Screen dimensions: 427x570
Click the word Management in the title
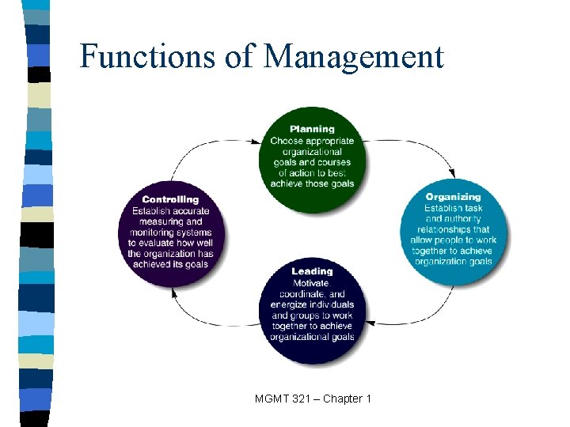tap(354, 57)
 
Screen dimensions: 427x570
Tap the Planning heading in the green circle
tap(312, 129)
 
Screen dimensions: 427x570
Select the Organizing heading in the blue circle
tap(453, 197)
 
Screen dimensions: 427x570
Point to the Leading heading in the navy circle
tap(312, 271)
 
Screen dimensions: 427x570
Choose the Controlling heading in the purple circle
tap(170, 199)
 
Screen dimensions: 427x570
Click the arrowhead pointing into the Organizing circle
tap(451, 173)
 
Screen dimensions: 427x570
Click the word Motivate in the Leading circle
tap(310, 283)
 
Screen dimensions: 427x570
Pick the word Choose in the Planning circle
tap(286, 141)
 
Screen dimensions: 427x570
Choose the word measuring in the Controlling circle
tap(161, 222)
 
